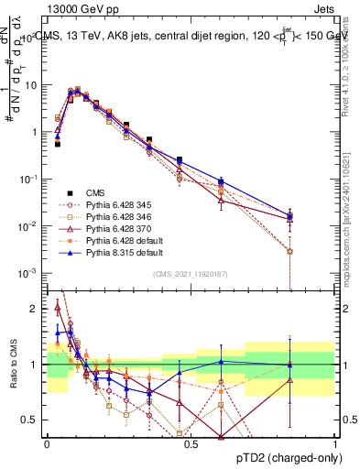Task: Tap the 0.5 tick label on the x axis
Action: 191,443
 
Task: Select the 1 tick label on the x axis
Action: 335,443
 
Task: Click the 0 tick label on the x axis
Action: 47,443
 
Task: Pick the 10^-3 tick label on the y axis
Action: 29,273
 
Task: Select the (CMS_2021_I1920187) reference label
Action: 190,273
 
